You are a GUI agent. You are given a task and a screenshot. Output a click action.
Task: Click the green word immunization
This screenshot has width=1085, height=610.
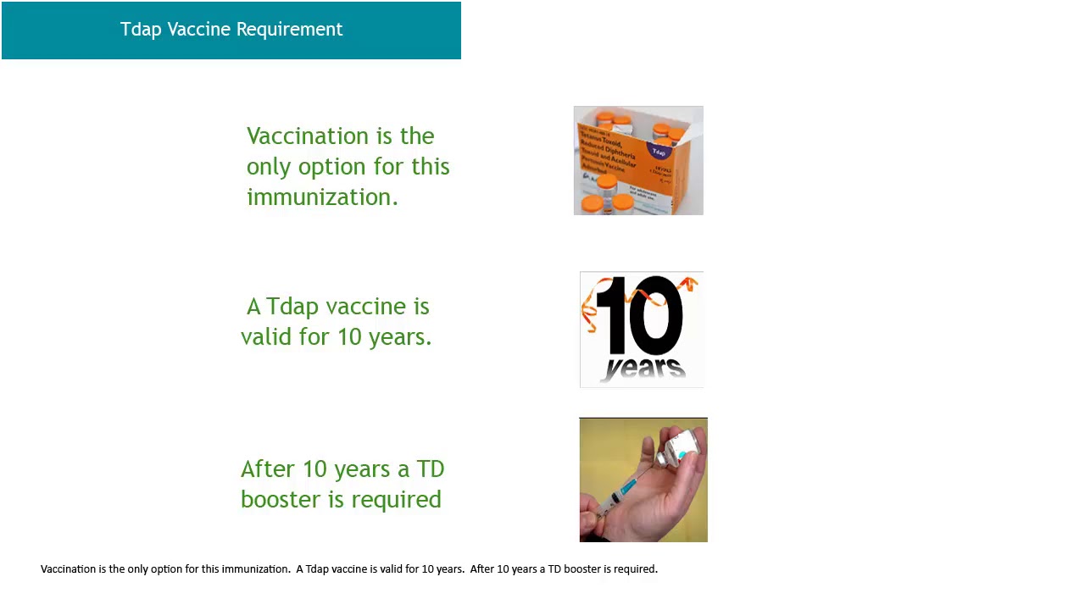(322, 197)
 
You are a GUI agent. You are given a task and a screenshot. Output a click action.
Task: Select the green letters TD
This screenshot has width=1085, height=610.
(430, 469)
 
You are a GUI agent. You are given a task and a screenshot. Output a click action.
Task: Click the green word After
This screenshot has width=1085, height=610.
(269, 469)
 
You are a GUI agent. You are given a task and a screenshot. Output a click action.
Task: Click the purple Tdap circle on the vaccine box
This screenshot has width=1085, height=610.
(659, 150)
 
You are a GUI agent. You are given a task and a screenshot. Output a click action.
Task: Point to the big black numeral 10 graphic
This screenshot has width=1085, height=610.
(639, 316)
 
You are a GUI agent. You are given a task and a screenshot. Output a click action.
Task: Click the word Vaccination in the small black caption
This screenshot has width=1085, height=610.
(68, 569)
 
